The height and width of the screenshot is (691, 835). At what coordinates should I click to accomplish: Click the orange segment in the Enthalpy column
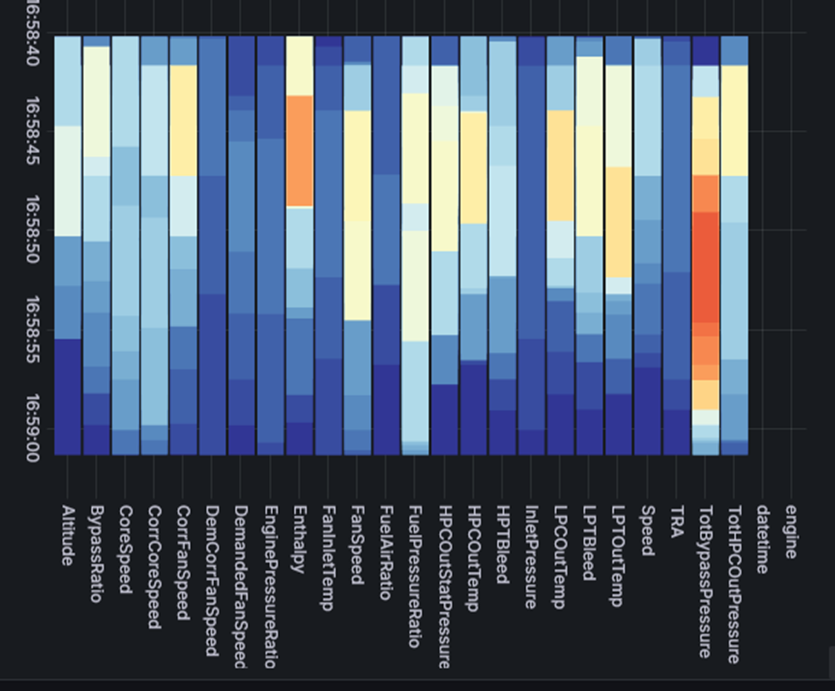299,151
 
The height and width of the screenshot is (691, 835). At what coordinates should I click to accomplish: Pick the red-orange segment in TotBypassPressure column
706,268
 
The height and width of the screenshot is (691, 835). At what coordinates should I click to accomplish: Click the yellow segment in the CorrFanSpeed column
183,120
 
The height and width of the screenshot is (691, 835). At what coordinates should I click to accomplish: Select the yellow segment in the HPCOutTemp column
474,168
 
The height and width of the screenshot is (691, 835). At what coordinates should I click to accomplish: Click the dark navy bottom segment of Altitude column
68,396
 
